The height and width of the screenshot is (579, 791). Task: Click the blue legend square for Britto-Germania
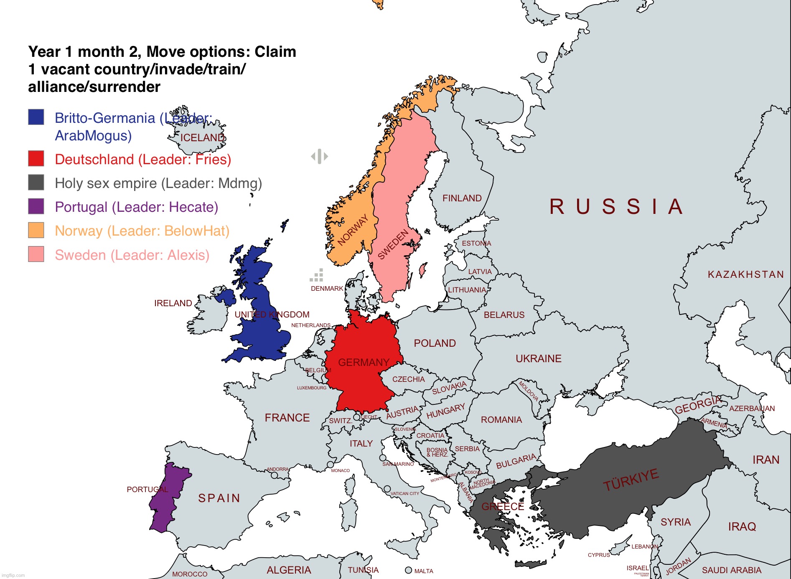pos(36,117)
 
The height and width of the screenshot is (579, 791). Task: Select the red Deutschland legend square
pos(36,159)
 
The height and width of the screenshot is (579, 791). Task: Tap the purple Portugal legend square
pos(36,206)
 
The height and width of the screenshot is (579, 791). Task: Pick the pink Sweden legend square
pos(36,254)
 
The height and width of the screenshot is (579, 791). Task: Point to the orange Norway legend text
pos(142,231)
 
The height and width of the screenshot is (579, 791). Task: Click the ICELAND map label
pos(202,137)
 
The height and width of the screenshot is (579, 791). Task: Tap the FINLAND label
pos(462,198)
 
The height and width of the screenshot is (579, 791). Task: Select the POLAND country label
pos(435,343)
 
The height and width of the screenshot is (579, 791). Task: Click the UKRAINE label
pos(538,358)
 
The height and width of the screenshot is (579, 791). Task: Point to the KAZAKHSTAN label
pos(745,274)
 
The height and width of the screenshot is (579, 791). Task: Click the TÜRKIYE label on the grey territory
pos(631,480)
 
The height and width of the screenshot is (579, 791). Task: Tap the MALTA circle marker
pos(408,570)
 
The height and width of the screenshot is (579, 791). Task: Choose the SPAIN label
pos(219,498)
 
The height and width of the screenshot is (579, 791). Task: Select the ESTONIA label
pos(476,243)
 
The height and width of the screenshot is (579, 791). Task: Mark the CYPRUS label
pos(598,555)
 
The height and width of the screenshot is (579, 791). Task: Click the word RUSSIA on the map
pos(616,207)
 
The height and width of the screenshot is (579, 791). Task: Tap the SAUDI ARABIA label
pos(731,570)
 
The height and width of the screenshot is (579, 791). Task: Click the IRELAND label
pos(173,303)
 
